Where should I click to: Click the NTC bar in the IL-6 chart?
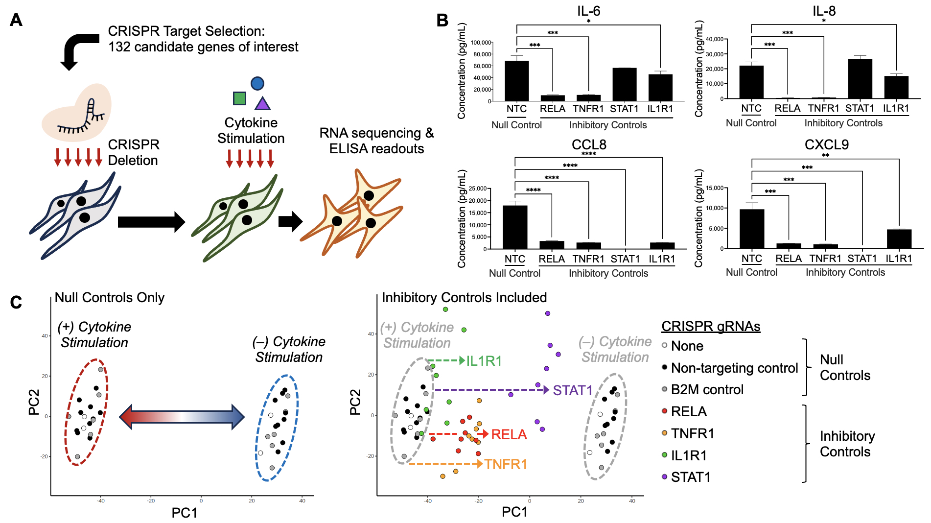pyautogui.click(x=516, y=81)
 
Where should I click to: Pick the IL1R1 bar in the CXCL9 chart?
pyautogui.click(x=899, y=239)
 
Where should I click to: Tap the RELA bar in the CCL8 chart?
pyautogui.click(x=552, y=245)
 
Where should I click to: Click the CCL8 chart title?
pyautogui.click(x=589, y=144)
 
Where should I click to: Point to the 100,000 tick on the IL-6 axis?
pyautogui.click(x=481, y=43)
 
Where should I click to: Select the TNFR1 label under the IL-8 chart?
pyautogui.click(x=823, y=108)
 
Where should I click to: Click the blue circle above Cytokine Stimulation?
pyautogui.click(x=257, y=83)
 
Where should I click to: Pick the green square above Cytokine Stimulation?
pyautogui.click(x=239, y=98)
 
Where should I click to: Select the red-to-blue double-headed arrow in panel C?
pyautogui.click(x=182, y=417)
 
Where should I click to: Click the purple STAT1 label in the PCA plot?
pyautogui.click(x=573, y=390)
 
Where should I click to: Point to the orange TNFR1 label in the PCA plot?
pyautogui.click(x=506, y=464)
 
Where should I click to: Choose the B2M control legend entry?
pyautogui.click(x=707, y=389)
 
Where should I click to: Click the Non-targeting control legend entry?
pyautogui.click(x=734, y=368)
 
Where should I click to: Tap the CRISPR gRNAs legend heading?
pyautogui.click(x=711, y=326)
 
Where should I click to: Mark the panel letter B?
pyautogui.click(x=442, y=21)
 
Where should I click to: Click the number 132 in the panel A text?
pyautogui.click(x=118, y=47)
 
